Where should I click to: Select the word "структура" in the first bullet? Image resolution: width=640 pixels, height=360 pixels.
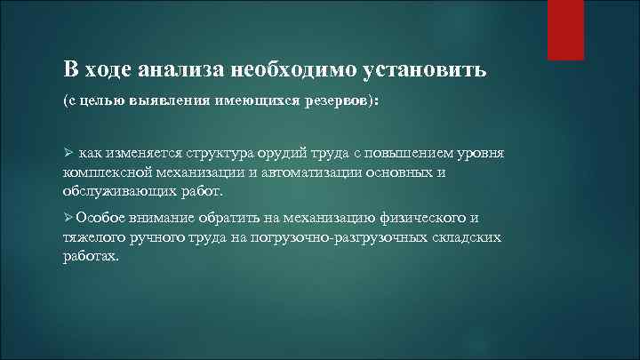tap(245, 153)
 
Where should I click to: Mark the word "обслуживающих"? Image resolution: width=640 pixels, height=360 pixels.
tap(116, 190)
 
